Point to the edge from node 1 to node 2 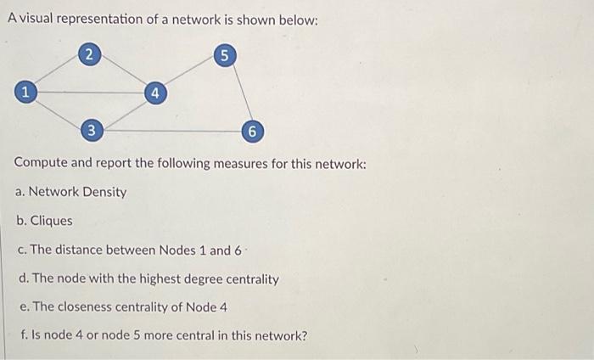(58, 72)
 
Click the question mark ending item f (304, 335)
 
